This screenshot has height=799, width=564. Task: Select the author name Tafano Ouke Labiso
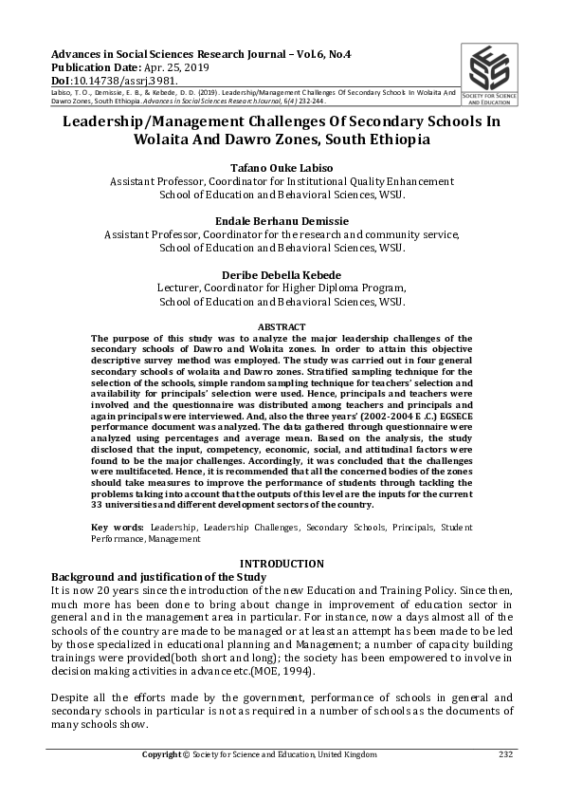click(x=282, y=165)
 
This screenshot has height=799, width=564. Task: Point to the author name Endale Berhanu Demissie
click(x=282, y=218)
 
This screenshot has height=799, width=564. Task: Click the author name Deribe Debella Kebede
click(x=282, y=272)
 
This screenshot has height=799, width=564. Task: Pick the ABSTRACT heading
click(x=282, y=326)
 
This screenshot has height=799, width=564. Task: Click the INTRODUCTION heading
click(x=282, y=564)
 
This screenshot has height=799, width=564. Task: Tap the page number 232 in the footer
click(x=505, y=754)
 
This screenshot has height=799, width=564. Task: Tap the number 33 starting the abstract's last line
click(x=97, y=505)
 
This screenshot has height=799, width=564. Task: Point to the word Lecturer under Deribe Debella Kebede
click(x=179, y=288)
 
